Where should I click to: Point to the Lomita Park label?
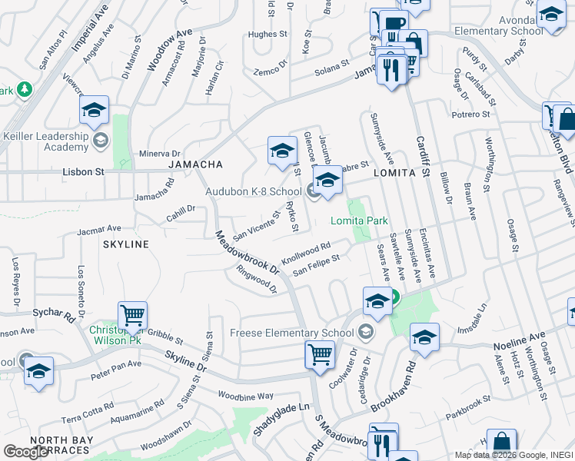(x=359, y=221)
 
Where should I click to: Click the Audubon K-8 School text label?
(x=253, y=191)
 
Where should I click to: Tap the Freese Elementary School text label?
(x=292, y=333)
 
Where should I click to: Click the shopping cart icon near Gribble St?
(x=132, y=316)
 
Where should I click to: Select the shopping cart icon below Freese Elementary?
(x=319, y=354)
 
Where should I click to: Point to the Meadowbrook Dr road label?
(x=247, y=253)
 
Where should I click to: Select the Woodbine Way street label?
(x=245, y=396)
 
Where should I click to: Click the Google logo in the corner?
(x=25, y=452)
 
